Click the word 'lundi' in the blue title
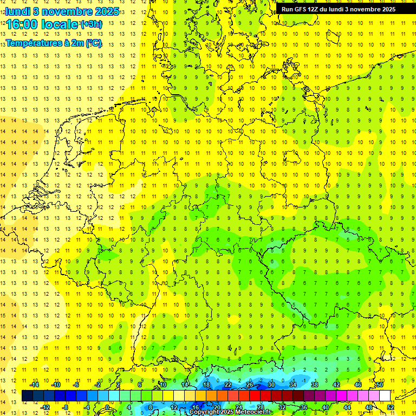pos(18,11)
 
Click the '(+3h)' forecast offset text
pos(91,24)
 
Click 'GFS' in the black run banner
pos(302,9)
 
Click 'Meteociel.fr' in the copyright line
pos(255,412)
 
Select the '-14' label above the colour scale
pos(34,385)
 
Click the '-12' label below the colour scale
pos(45,407)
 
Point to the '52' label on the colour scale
pos(391,407)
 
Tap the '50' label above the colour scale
pos(380,385)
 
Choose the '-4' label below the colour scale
pos(87,407)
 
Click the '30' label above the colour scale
pos(271,385)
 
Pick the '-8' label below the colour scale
pos(66,407)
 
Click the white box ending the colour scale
pos(385,396)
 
